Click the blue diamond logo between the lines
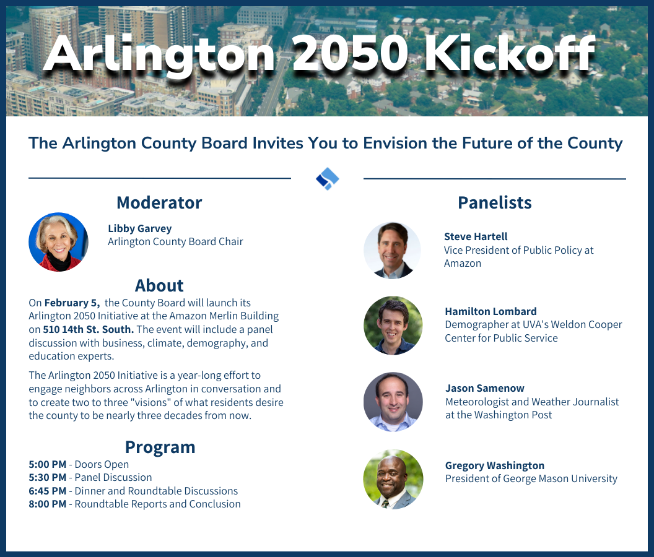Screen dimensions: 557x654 coord(327,178)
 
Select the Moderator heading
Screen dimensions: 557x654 coord(159,202)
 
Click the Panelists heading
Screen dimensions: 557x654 coord(494,202)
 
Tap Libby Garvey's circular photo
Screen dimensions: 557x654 coord(58,242)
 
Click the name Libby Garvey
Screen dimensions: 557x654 coord(139,228)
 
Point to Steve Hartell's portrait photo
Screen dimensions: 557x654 coord(392,250)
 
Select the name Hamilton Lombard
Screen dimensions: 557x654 coord(490,311)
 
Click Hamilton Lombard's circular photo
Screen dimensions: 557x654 coord(393,326)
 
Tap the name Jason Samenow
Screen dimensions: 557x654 coord(484,388)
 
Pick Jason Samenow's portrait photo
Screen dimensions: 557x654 coord(393,402)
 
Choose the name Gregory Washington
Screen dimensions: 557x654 coord(494,465)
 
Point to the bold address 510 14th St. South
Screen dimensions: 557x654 coord(89,329)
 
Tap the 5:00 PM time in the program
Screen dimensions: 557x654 coord(47,464)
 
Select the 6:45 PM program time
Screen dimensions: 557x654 coord(47,491)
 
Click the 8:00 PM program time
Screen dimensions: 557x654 coord(47,504)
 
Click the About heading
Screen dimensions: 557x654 coord(159,285)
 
